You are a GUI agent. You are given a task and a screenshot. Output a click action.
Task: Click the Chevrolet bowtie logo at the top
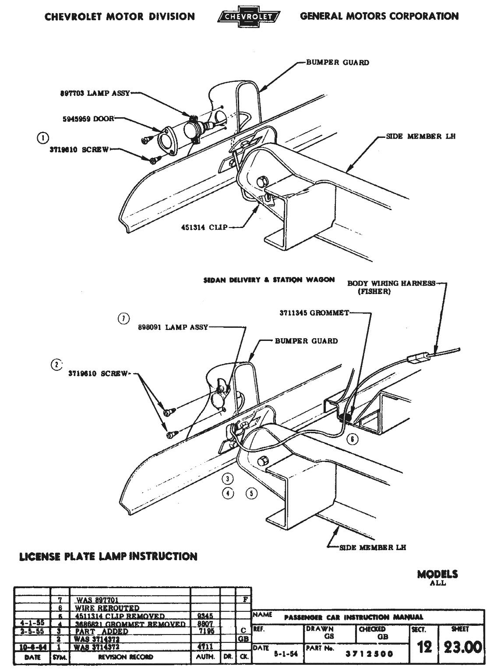pos(248,17)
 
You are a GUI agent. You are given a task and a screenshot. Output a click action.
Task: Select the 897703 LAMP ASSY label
pos(95,93)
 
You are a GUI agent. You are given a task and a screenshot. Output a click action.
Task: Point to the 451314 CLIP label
pos(204,228)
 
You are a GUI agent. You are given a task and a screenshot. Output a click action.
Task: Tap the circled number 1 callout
pos(42,138)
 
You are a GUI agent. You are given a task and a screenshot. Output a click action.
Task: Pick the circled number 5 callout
pos(251,494)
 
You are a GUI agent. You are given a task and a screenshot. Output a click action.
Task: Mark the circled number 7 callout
pos(124,319)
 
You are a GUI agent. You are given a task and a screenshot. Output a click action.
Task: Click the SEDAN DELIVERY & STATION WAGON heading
pos(269,280)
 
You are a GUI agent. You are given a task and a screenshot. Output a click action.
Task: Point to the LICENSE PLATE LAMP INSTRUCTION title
pos(109,556)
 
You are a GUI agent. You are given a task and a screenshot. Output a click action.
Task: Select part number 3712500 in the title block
pos(370,654)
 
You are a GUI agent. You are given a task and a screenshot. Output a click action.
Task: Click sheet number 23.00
pos(462,647)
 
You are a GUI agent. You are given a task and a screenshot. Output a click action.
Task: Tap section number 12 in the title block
pos(424,647)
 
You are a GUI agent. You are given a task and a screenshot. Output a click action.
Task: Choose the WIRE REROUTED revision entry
pos(107,608)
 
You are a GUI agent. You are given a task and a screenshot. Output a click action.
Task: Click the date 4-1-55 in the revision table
pos(31,624)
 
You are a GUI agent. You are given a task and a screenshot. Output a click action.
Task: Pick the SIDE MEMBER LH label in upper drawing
pos(420,137)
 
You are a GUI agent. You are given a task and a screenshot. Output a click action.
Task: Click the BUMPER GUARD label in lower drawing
pos(306,341)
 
